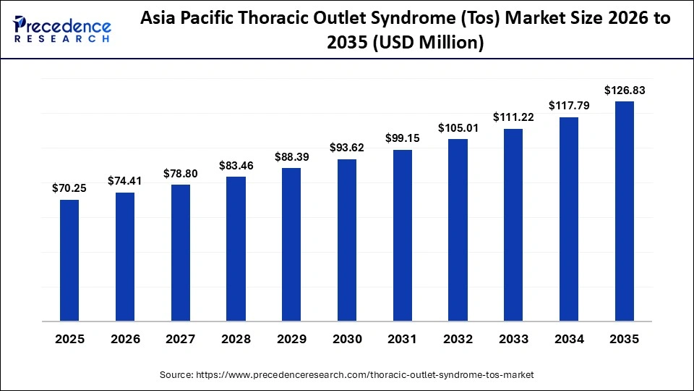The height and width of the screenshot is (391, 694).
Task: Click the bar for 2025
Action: coord(69,260)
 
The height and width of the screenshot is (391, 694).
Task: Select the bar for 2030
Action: coord(347,240)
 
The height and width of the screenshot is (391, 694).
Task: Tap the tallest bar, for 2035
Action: coord(624,211)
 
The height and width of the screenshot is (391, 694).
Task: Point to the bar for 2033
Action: coord(513,224)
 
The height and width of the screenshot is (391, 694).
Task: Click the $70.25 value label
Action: coord(69,188)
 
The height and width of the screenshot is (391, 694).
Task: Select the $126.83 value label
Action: coord(624,91)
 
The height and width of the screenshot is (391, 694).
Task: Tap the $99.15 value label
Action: coord(402,138)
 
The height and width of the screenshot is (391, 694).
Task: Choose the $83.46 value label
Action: coord(236,166)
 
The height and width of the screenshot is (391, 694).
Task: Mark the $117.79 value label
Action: coord(569,106)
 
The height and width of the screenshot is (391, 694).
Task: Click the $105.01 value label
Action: coord(458,127)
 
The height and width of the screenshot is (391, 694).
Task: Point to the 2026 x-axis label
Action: coord(125,339)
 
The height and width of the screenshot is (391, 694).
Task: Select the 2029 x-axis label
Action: coord(291,339)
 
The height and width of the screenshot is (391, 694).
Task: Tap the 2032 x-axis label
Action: coord(458,339)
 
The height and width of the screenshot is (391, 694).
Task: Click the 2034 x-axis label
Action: coord(569,339)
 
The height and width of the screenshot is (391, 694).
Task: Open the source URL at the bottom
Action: coord(347,375)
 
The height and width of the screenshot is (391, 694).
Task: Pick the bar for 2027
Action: coord(181,253)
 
